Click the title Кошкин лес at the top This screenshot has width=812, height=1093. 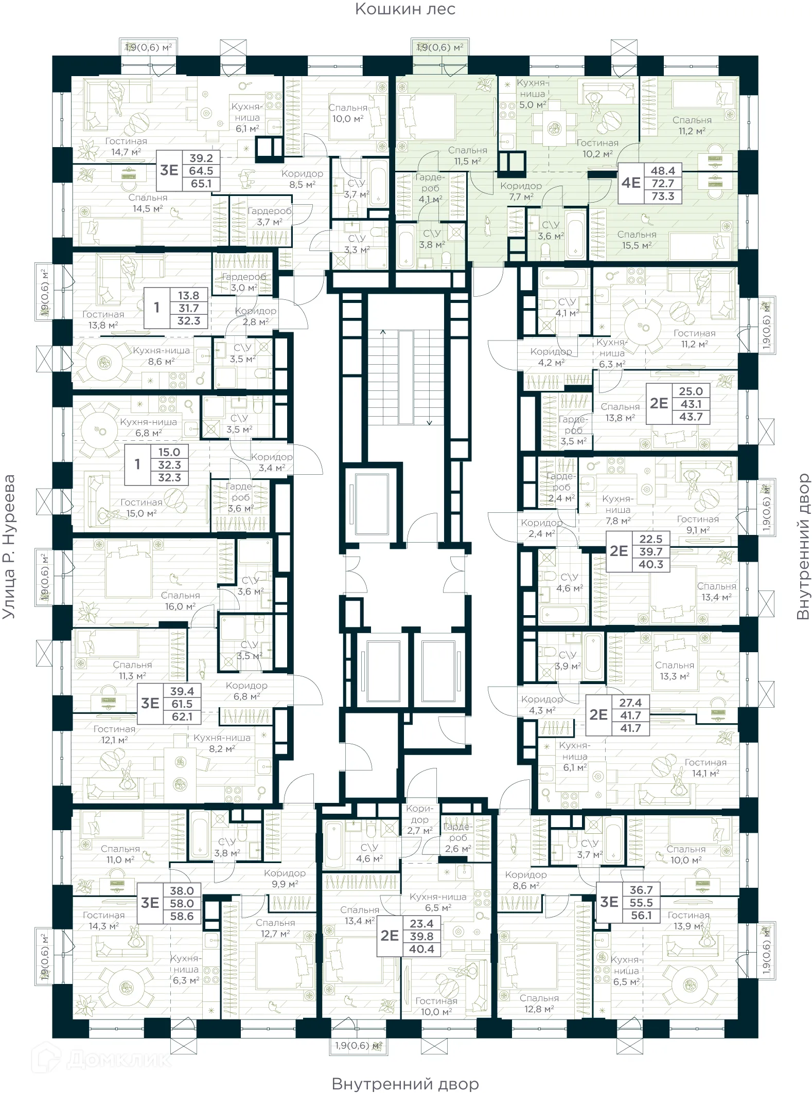pyautogui.click(x=405, y=9)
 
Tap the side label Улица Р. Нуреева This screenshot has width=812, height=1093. pyautogui.click(x=9, y=546)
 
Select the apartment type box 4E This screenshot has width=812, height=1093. pyautogui.click(x=631, y=183)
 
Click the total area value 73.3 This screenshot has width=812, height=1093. pyautogui.click(x=662, y=196)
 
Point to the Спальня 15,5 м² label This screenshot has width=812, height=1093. pyautogui.click(x=637, y=240)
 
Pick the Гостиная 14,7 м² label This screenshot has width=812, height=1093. pyautogui.click(x=126, y=146)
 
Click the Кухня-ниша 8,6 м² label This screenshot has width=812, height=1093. pyautogui.click(x=161, y=356)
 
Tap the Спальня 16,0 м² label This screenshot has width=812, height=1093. pyautogui.click(x=180, y=601)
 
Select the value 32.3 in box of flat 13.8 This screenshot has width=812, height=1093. pyautogui.click(x=188, y=320)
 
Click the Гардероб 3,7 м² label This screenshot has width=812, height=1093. pyautogui.click(x=269, y=217)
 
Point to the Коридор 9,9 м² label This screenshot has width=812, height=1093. pyautogui.click(x=285, y=879)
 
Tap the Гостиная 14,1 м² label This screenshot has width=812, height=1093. pyautogui.click(x=705, y=768)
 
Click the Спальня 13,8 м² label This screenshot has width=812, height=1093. pyautogui.click(x=620, y=412)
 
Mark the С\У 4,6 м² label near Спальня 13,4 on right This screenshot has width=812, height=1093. pyautogui.click(x=569, y=583)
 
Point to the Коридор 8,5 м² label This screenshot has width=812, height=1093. pyautogui.click(x=302, y=179)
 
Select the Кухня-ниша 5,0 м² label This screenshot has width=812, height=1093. pyautogui.click(x=532, y=94)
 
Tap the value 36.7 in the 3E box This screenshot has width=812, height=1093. pyautogui.click(x=641, y=890)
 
